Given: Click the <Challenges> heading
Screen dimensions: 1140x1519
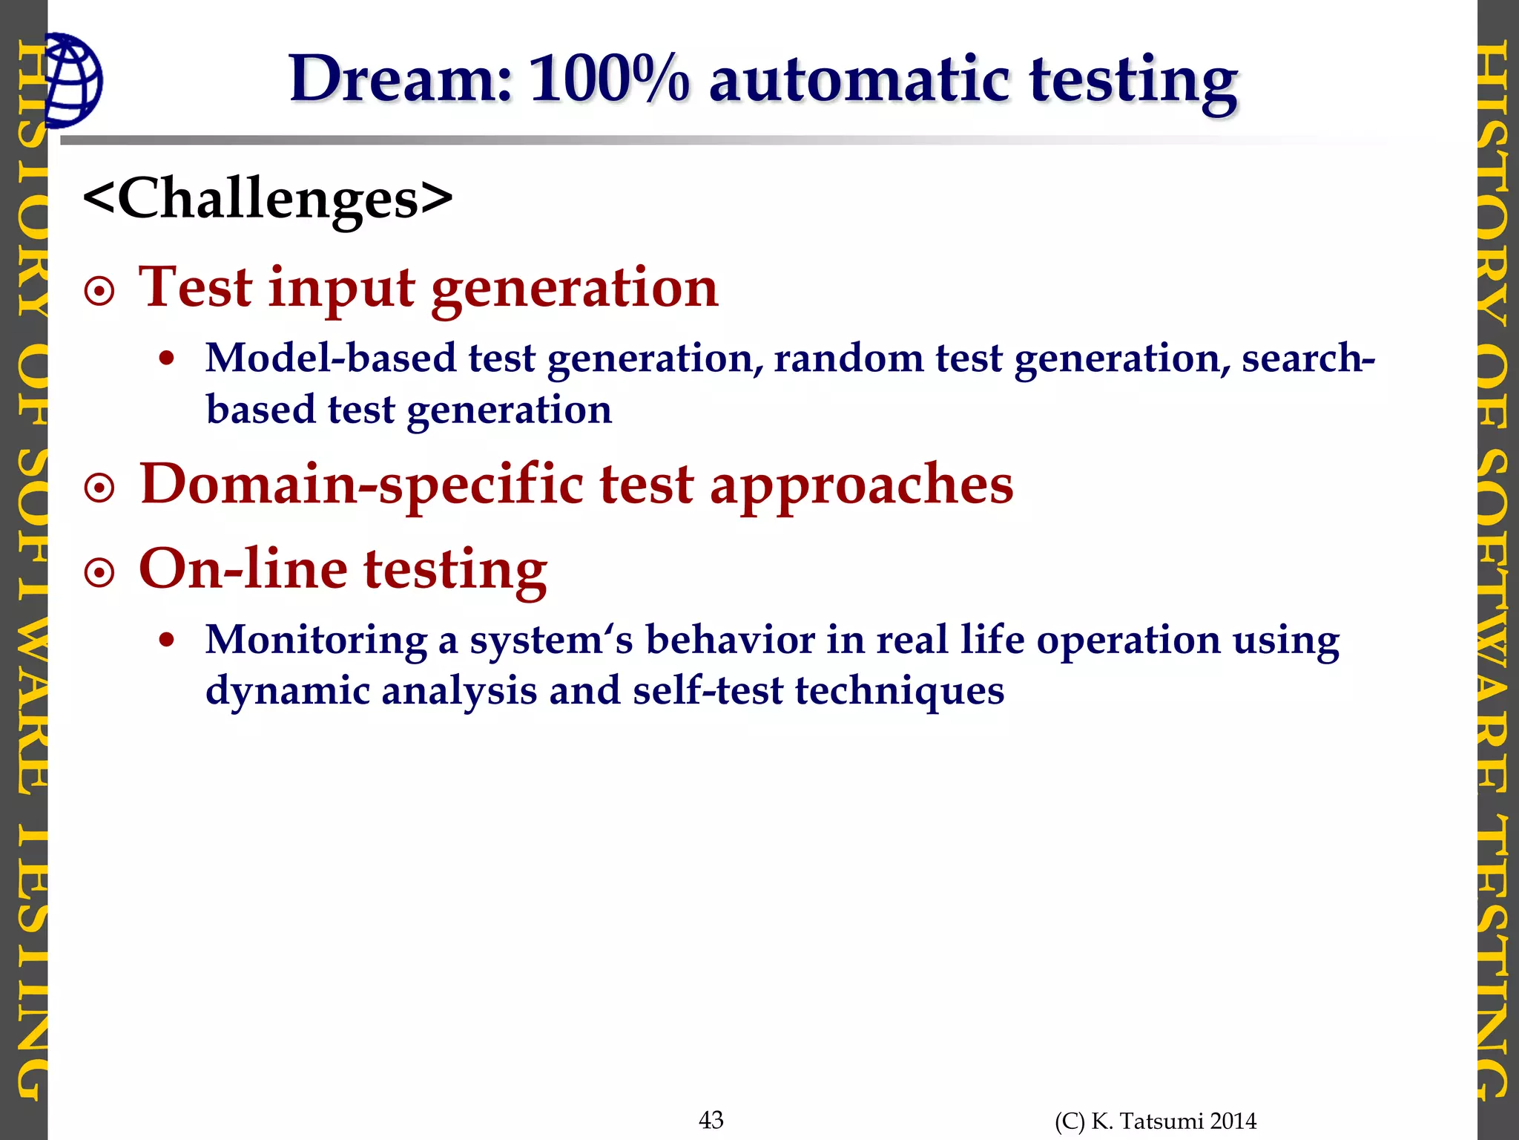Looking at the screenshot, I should [x=268, y=198].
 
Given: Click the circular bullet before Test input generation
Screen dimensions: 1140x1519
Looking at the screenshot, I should [x=99, y=292].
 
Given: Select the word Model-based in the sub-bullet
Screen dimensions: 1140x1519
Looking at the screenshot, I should [x=331, y=358].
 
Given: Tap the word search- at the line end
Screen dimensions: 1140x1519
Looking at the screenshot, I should [x=1308, y=358].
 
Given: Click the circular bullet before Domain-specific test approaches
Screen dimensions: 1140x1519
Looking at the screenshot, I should [x=99, y=488].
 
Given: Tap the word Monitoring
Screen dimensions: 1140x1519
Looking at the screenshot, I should [x=316, y=641].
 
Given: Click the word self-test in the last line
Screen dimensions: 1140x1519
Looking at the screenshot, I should [x=707, y=691].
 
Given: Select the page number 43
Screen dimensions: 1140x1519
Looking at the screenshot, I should [x=711, y=1120].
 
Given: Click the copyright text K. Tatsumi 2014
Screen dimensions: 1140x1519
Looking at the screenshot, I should [x=1173, y=1121].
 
